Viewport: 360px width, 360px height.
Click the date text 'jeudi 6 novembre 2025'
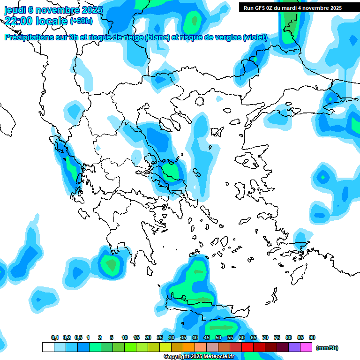coord(53,10)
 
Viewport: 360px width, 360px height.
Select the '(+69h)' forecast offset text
coord(81,21)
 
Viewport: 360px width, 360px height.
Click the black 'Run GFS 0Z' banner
coord(292,8)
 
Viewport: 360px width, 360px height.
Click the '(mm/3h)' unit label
coord(327,348)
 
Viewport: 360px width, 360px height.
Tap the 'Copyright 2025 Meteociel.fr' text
coord(199,357)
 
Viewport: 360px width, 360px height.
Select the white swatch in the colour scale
coord(48,347)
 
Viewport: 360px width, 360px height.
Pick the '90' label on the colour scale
coord(312,337)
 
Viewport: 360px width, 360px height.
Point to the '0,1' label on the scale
coord(55,337)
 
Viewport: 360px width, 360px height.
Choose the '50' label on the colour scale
coord(218,337)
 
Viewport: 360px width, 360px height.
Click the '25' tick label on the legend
coord(160,337)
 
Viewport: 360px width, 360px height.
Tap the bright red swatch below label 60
coord(247,347)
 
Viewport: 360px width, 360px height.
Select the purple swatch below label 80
coord(294,347)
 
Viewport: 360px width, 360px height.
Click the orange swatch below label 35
coord(189,347)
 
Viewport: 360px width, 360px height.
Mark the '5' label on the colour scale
coord(112,337)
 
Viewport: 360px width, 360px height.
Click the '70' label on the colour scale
coord(265,337)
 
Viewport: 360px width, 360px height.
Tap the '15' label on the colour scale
coord(136,337)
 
